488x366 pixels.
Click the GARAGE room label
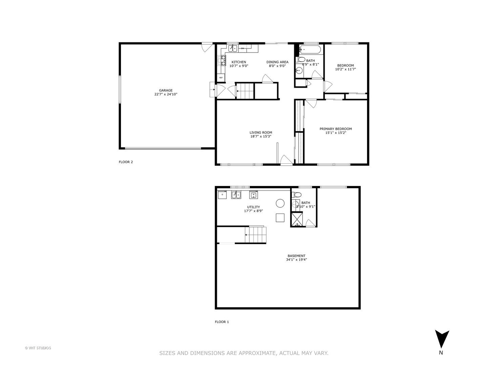click(x=166, y=90)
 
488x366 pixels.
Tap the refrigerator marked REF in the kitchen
click(x=221, y=78)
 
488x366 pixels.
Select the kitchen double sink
click(x=232, y=48)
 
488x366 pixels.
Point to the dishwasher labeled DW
click(x=243, y=48)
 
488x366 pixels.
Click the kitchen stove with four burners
click(x=223, y=61)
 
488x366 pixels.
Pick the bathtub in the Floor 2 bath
click(x=310, y=50)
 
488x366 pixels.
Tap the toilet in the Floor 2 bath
click(x=301, y=60)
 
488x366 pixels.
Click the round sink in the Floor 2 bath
click(x=299, y=71)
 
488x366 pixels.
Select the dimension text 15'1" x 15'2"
click(x=335, y=133)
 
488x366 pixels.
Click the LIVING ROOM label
click(x=261, y=133)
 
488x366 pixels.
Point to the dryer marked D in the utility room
click(x=222, y=195)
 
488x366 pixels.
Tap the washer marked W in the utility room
click(x=253, y=195)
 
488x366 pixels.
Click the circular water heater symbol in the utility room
click(x=280, y=203)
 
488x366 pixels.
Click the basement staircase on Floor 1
click(x=256, y=235)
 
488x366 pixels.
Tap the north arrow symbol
click(x=442, y=339)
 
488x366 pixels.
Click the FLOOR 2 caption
click(x=126, y=162)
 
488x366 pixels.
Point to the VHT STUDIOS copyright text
click(x=38, y=348)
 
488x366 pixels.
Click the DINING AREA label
click(x=277, y=62)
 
